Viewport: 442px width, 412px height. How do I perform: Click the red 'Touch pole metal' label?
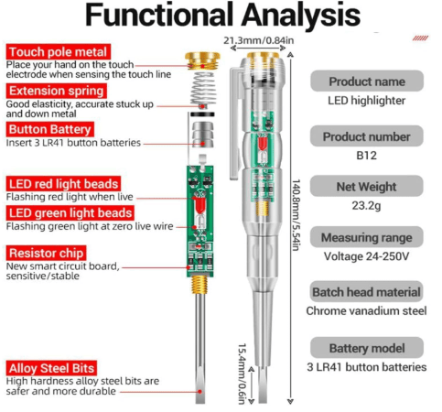tap(59, 52)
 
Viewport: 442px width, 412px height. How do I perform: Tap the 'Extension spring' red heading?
tap(57, 91)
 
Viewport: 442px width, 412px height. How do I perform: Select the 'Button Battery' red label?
tap(50, 129)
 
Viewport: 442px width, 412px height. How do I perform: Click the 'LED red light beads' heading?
tap(63, 184)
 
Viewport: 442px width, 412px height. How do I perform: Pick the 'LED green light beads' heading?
tap(70, 213)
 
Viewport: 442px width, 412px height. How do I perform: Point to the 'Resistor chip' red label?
tap(46, 253)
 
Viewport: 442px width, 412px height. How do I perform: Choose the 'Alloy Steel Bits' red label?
tap(51, 368)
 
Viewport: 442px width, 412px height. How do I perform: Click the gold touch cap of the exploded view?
tap(202, 60)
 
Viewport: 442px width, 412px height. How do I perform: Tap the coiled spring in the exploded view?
tap(203, 89)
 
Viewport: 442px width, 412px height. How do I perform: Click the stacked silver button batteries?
tap(202, 135)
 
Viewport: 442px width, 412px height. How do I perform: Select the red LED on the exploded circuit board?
tap(199, 205)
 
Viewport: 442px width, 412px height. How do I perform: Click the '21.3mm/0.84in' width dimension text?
tap(258, 40)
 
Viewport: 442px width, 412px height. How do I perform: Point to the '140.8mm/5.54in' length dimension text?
tap(296, 215)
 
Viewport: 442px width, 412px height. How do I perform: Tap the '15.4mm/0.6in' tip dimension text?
tap(242, 374)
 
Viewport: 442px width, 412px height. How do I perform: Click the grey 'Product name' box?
tap(367, 81)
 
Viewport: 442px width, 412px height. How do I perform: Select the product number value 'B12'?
tap(366, 156)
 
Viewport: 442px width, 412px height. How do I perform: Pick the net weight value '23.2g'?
tap(366, 206)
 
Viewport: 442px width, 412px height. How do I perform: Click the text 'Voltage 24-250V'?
tap(366, 256)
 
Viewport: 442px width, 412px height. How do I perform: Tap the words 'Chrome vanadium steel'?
tap(366, 310)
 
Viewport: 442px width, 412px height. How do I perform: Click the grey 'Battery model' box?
tap(367, 348)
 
